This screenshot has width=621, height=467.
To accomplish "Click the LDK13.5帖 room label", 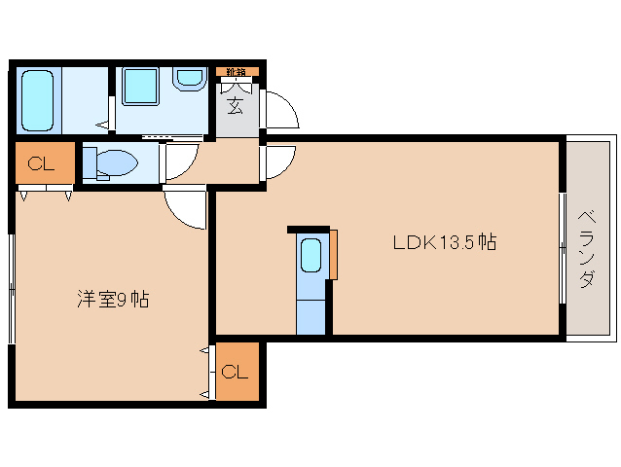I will pos(444,242).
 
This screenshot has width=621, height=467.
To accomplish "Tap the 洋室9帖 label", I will pos(113,300).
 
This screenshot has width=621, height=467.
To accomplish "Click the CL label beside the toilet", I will pos(41,163).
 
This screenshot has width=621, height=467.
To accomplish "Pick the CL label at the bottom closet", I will pos(235,372).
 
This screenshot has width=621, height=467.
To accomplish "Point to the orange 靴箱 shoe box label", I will pos(237,72).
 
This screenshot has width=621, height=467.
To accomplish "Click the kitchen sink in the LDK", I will pos(310,255).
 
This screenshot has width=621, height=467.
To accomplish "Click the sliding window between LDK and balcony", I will pos(563,248).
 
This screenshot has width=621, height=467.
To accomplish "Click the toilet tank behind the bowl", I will pos(89,162).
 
